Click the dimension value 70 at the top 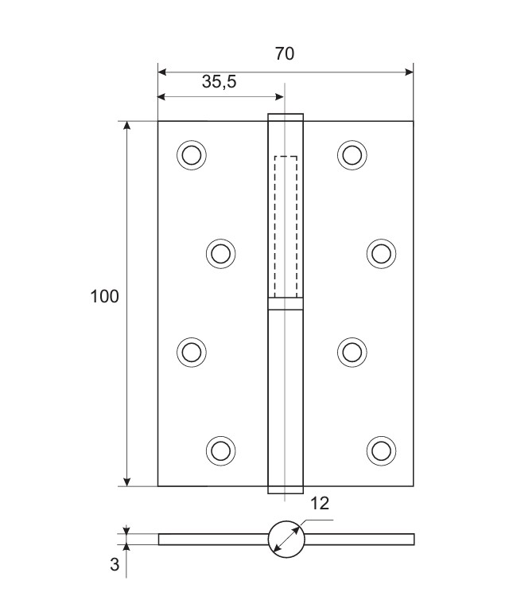(x=285, y=54)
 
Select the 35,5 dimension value (x=220, y=82)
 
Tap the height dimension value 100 (x=104, y=296)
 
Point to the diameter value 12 (x=320, y=504)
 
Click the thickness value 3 (x=115, y=564)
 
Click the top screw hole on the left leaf (x=192, y=155)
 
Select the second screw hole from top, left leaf (x=221, y=254)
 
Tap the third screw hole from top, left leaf (x=192, y=353)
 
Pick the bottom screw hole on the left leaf (x=221, y=450)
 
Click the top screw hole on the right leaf (x=352, y=155)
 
